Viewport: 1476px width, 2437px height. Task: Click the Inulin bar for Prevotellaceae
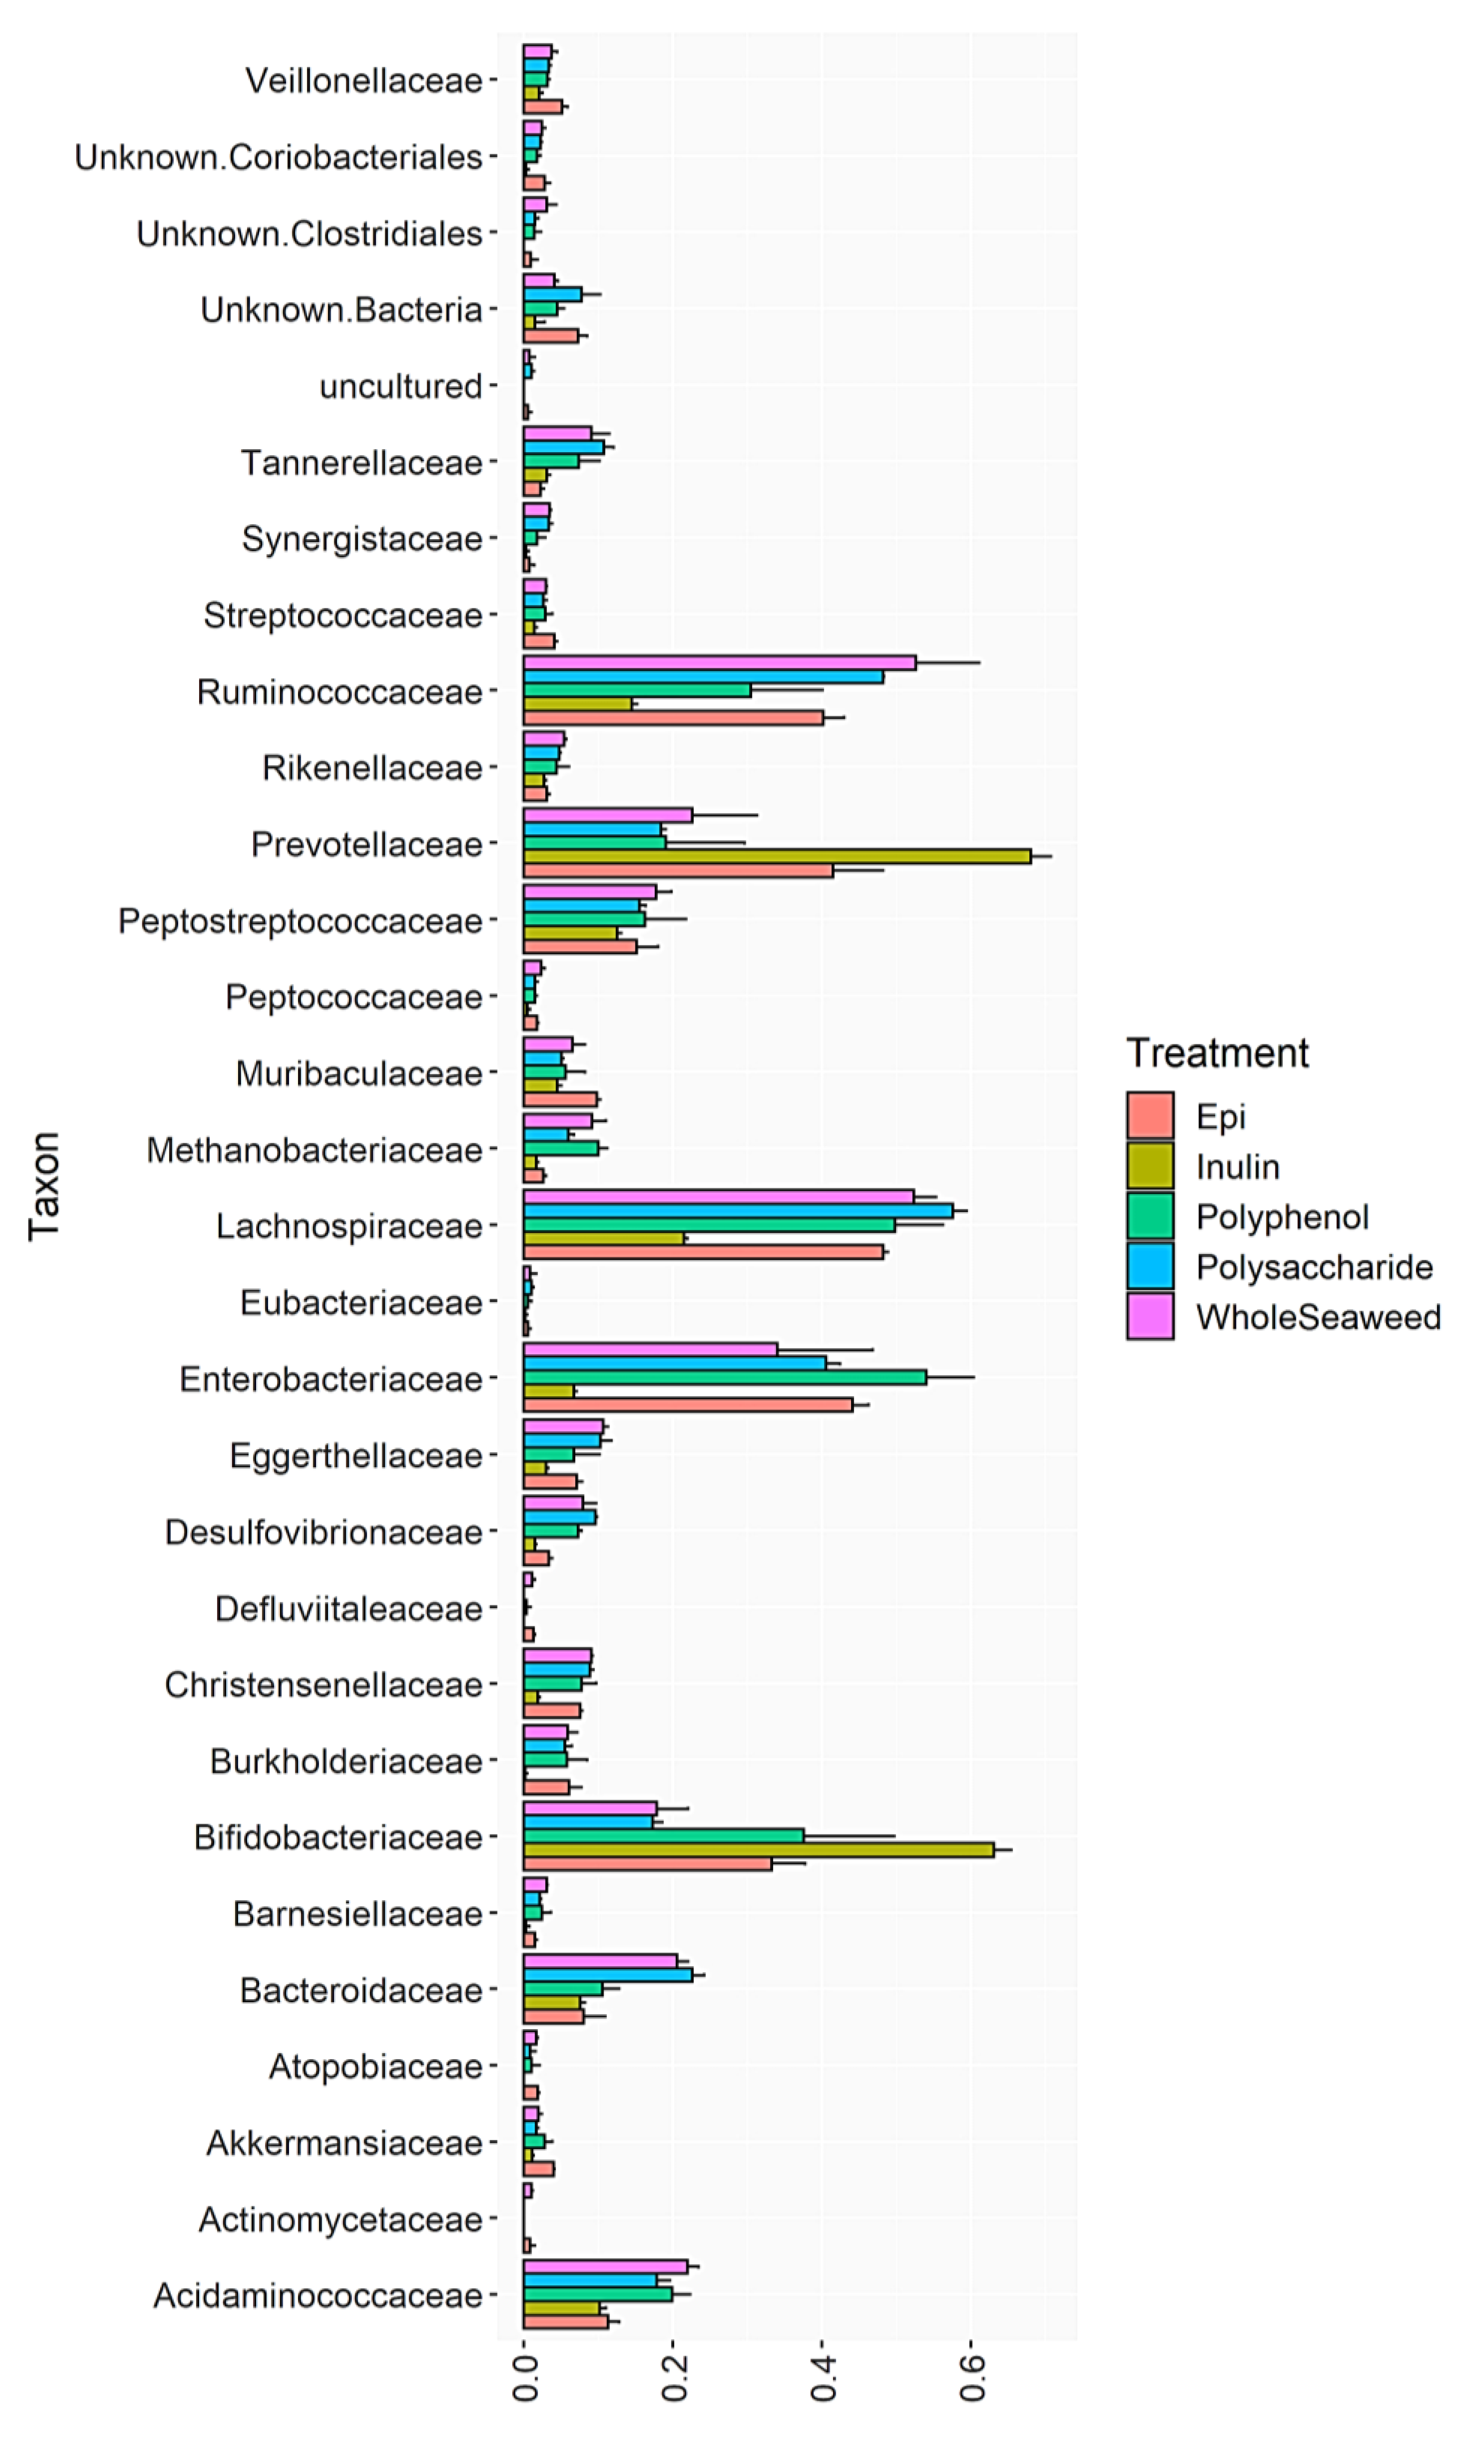[777, 857]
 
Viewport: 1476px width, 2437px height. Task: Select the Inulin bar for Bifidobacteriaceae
[758, 1849]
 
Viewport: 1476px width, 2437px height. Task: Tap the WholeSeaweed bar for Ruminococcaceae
[719, 662]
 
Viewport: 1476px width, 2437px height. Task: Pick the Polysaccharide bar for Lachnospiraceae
[737, 1211]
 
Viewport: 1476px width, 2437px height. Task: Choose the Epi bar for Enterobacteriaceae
[687, 1404]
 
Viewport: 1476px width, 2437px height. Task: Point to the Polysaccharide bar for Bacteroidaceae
[607, 1975]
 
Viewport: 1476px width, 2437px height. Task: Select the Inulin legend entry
[1236, 1167]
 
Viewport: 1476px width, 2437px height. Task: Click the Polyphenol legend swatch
[1150, 1217]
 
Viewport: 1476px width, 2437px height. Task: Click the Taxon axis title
[44, 1185]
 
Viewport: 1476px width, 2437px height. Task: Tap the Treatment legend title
[1217, 1053]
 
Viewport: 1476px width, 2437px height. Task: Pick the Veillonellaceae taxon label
[363, 81]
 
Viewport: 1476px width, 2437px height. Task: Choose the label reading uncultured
[401, 387]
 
